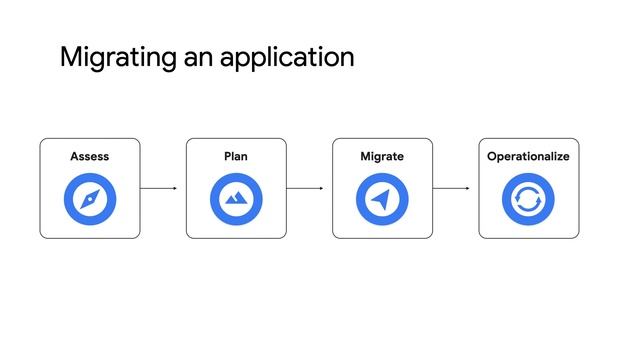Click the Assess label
(x=90, y=157)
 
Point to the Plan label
(x=236, y=157)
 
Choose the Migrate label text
(x=382, y=157)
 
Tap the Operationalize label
(x=528, y=157)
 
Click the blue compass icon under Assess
(x=90, y=200)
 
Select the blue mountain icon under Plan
(x=236, y=200)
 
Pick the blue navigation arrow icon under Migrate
(x=382, y=200)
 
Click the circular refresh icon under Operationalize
(x=528, y=200)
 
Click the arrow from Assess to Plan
(x=158, y=188)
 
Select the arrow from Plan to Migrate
(x=304, y=188)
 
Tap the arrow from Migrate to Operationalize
(x=451, y=188)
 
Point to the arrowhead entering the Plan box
(x=175, y=188)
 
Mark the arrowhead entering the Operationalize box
(x=467, y=188)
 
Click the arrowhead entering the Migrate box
(x=321, y=188)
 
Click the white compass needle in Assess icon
(x=90, y=200)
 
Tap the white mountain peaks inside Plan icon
(x=236, y=200)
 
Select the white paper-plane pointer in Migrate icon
(x=381, y=200)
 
